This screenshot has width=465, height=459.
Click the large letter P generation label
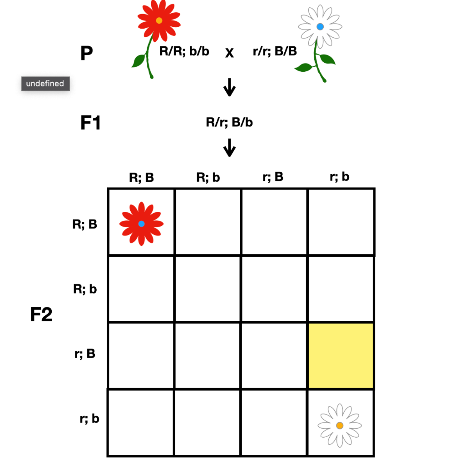[86, 54]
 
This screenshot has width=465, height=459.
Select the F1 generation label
[90, 123]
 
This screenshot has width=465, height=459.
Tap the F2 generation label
[41, 315]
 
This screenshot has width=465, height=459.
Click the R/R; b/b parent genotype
[184, 51]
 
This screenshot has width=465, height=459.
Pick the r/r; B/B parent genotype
[275, 51]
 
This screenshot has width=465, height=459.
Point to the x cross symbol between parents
[230, 53]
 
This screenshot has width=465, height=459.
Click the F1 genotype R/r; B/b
[229, 122]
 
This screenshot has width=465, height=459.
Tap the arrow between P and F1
[230, 87]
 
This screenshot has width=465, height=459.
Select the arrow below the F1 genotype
[230, 147]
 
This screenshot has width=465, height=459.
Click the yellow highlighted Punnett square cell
[341, 356]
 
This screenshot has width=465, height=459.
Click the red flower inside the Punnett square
[141, 224]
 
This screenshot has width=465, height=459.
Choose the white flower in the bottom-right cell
[340, 425]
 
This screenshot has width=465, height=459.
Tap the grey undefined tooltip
[45, 84]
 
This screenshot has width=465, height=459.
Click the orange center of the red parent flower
[159, 20]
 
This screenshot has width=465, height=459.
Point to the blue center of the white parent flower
[320, 27]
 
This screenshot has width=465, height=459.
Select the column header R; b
[208, 177]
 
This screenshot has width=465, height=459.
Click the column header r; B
[273, 177]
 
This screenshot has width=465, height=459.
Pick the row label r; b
[89, 419]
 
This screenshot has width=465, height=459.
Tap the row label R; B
[85, 224]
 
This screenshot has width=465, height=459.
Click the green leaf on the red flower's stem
[138, 60]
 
